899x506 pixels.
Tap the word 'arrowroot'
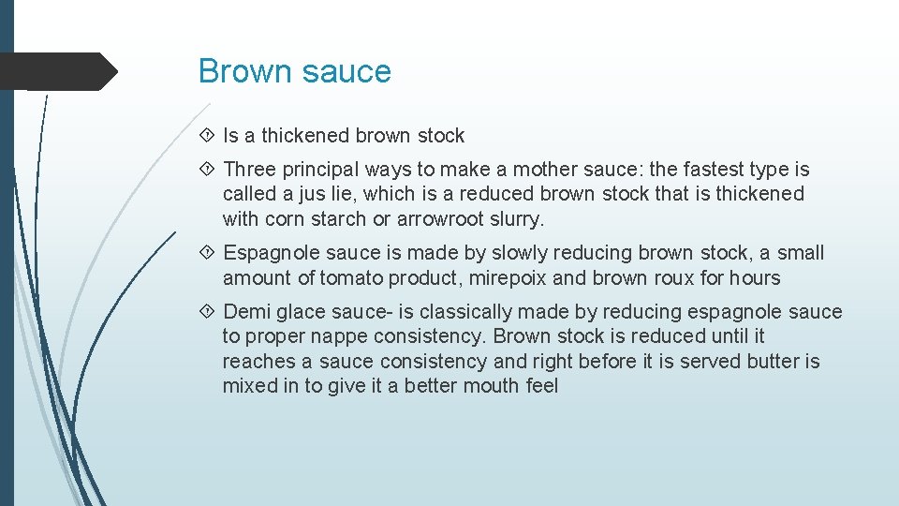437,219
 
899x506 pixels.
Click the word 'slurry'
513,219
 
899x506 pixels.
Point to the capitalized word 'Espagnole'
266,253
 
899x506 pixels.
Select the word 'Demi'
244,312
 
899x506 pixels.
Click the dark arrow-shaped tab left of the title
58,71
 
